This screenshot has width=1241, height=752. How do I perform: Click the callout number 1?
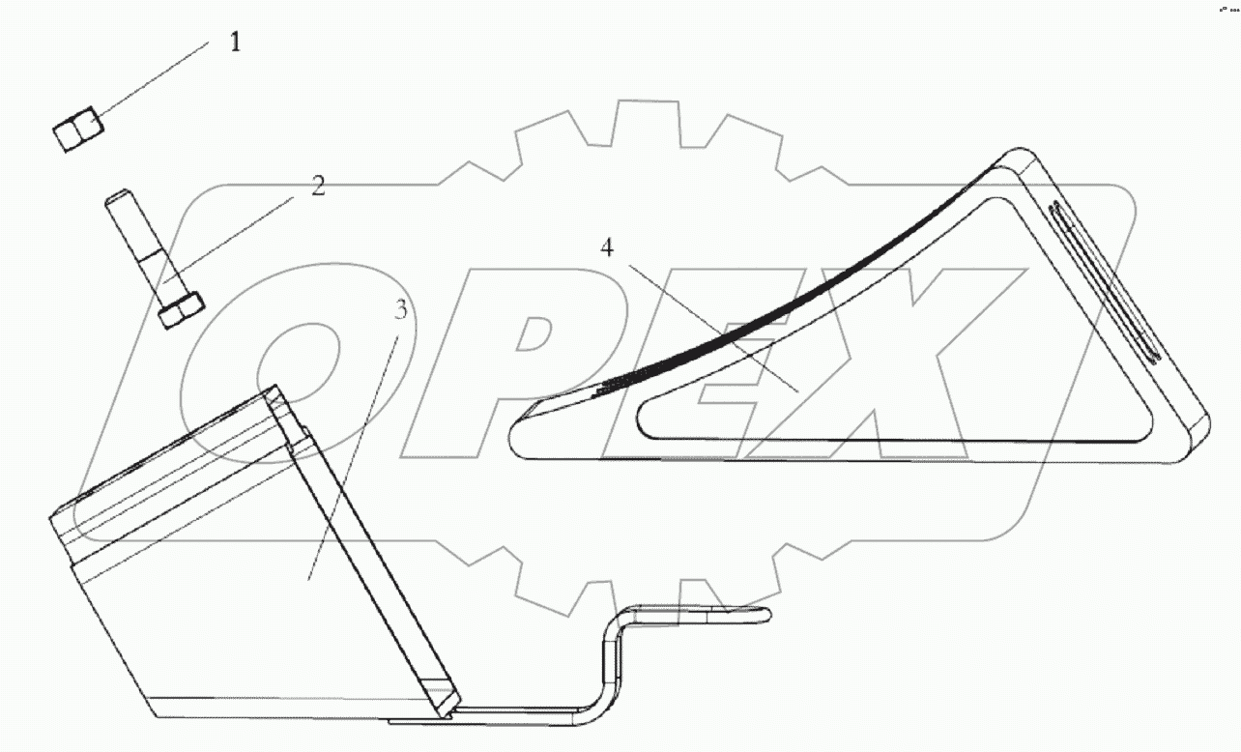[234, 43]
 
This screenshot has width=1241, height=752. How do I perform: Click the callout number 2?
[318, 187]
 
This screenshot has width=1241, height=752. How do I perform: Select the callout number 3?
[401, 311]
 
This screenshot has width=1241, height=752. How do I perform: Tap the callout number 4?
[606, 248]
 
